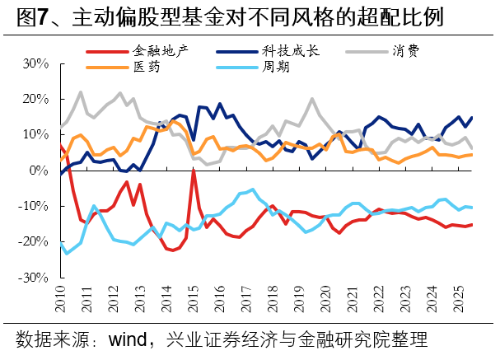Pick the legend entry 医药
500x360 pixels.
146,67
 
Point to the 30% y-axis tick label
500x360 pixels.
36,63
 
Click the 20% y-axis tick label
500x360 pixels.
36,99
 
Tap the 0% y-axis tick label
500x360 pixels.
40,171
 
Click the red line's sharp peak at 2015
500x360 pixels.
194,171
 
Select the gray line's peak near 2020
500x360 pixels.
312,100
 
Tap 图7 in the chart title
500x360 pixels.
31,17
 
